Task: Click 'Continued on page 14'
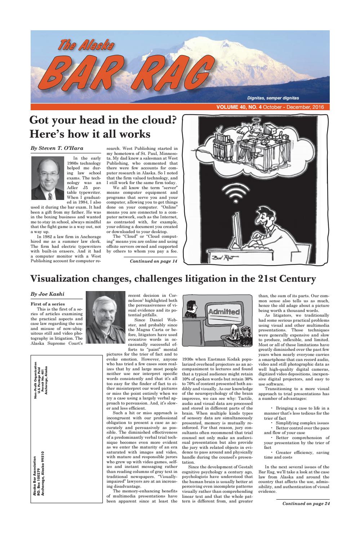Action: tap(154, 261)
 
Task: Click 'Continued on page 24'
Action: tap(306, 504)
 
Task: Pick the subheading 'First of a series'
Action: tap(48, 304)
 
